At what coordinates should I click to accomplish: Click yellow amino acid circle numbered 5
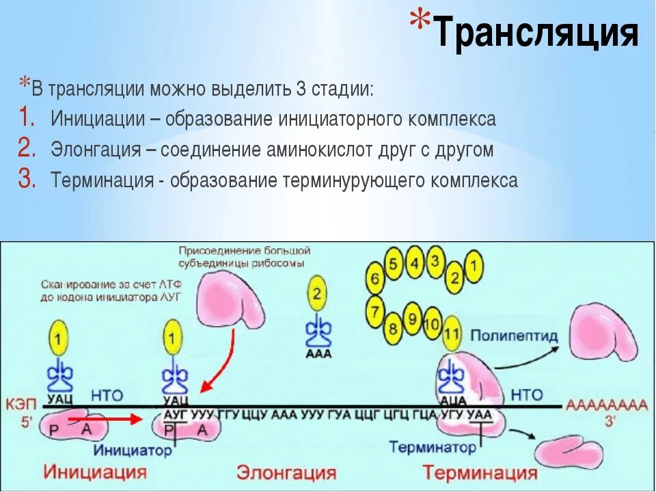pyautogui.click(x=393, y=264)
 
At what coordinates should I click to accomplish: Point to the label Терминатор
pyautogui.click(x=433, y=448)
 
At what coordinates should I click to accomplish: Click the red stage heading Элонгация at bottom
pyautogui.click(x=286, y=472)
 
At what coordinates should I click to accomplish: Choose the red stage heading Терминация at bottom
pyautogui.click(x=480, y=472)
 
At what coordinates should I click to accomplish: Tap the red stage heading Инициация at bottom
pyautogui.click(x=96, y=472)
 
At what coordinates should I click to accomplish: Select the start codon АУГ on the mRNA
pyautogui.click(x=176, y=414)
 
